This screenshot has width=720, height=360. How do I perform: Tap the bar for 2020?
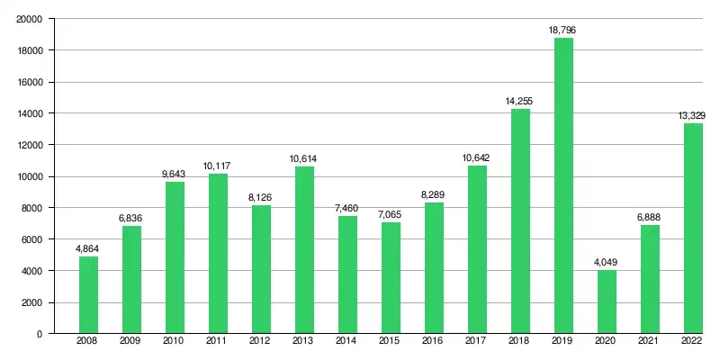[x=607, y=301]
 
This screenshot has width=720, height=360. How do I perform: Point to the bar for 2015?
[x=391, y=278]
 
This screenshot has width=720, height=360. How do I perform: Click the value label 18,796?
[x=563, y=31]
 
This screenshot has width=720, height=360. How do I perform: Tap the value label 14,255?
[x=520, y=102]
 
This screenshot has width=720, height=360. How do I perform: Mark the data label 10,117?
[x=218, y=166]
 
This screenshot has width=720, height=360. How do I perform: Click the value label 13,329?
[x=692, y=116]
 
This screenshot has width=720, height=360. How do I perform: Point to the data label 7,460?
[x=347, y=209]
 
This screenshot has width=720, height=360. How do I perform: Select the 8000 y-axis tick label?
[x=32, y=208]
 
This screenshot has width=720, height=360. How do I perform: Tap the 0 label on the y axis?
[x=40, y=334]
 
